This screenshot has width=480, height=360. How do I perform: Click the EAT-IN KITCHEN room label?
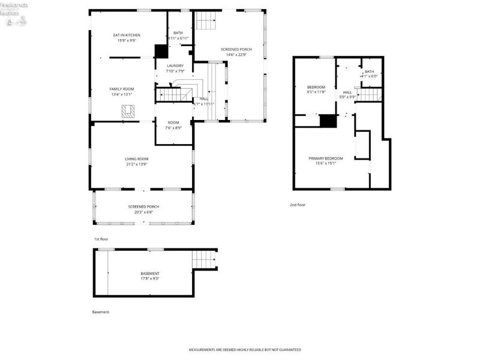click(x=127, y=35)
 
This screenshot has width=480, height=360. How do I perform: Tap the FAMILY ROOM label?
click(x=122, y=89)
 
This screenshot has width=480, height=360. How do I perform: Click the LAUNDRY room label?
click(x=175, y=66)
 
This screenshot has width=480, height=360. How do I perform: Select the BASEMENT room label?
click(x=150, y=274)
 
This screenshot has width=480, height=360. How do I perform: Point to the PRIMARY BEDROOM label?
click(x=326, y=158)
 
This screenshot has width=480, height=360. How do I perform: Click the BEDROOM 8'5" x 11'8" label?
click(x=316, y=88)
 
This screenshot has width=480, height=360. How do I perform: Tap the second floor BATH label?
click(x=369, y=72)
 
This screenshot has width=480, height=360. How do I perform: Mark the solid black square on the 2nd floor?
click(x=327, y=121)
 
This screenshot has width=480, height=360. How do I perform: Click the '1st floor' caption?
click(x=100, y=239)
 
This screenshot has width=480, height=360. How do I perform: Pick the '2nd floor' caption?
click(x=297, y=205)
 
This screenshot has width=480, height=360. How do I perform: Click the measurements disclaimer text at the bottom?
click(x=245, y=349)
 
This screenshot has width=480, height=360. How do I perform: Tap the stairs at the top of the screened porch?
click(x=206, y=22)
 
